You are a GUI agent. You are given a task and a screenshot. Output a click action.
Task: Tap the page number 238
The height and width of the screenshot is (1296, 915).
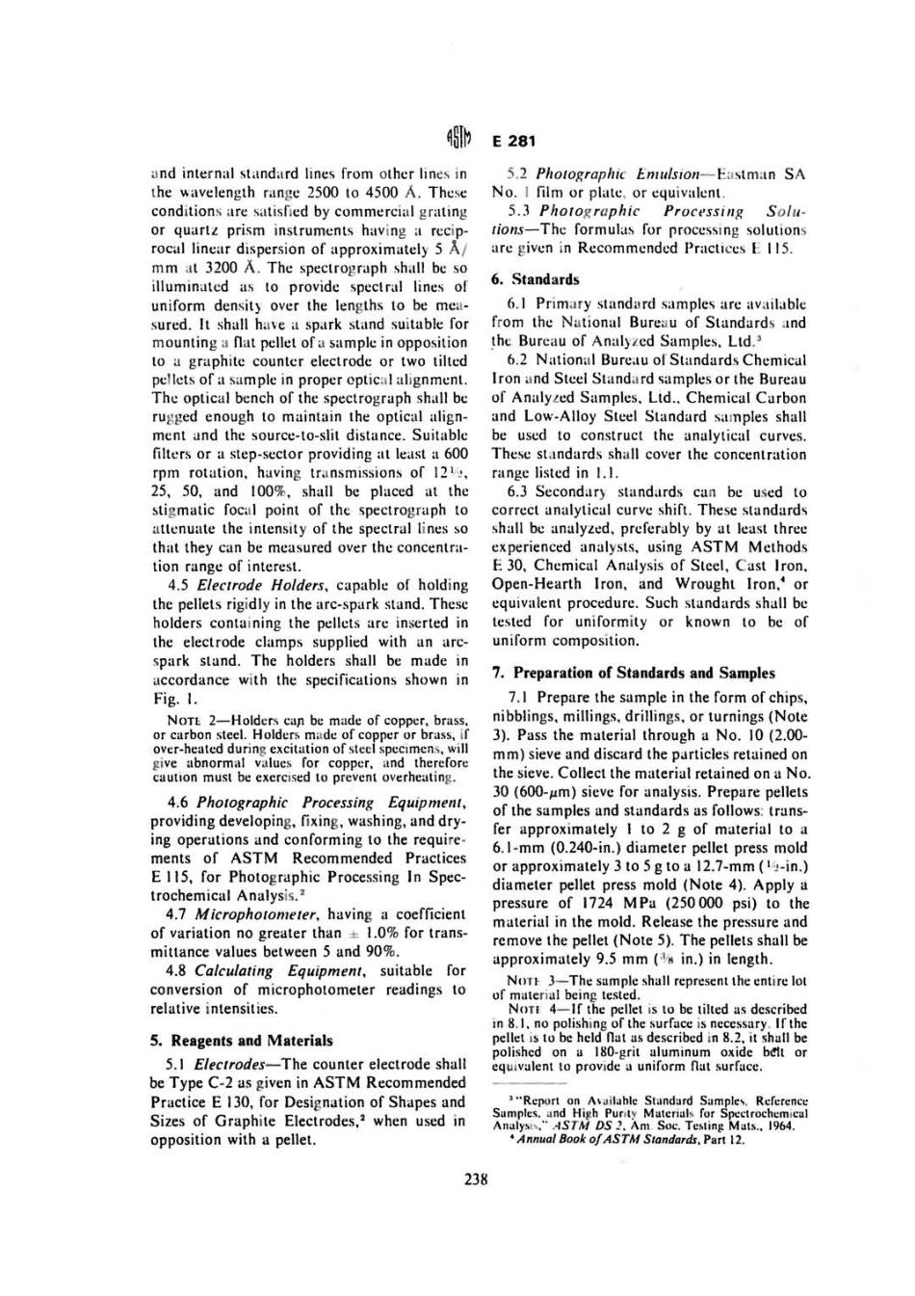click(x=476, y=1177)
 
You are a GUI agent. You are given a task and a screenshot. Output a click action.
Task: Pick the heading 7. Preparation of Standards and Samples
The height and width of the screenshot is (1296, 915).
click(x=633, y=673)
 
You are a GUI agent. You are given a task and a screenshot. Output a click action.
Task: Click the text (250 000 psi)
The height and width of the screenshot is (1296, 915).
click(x=699, y=903)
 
